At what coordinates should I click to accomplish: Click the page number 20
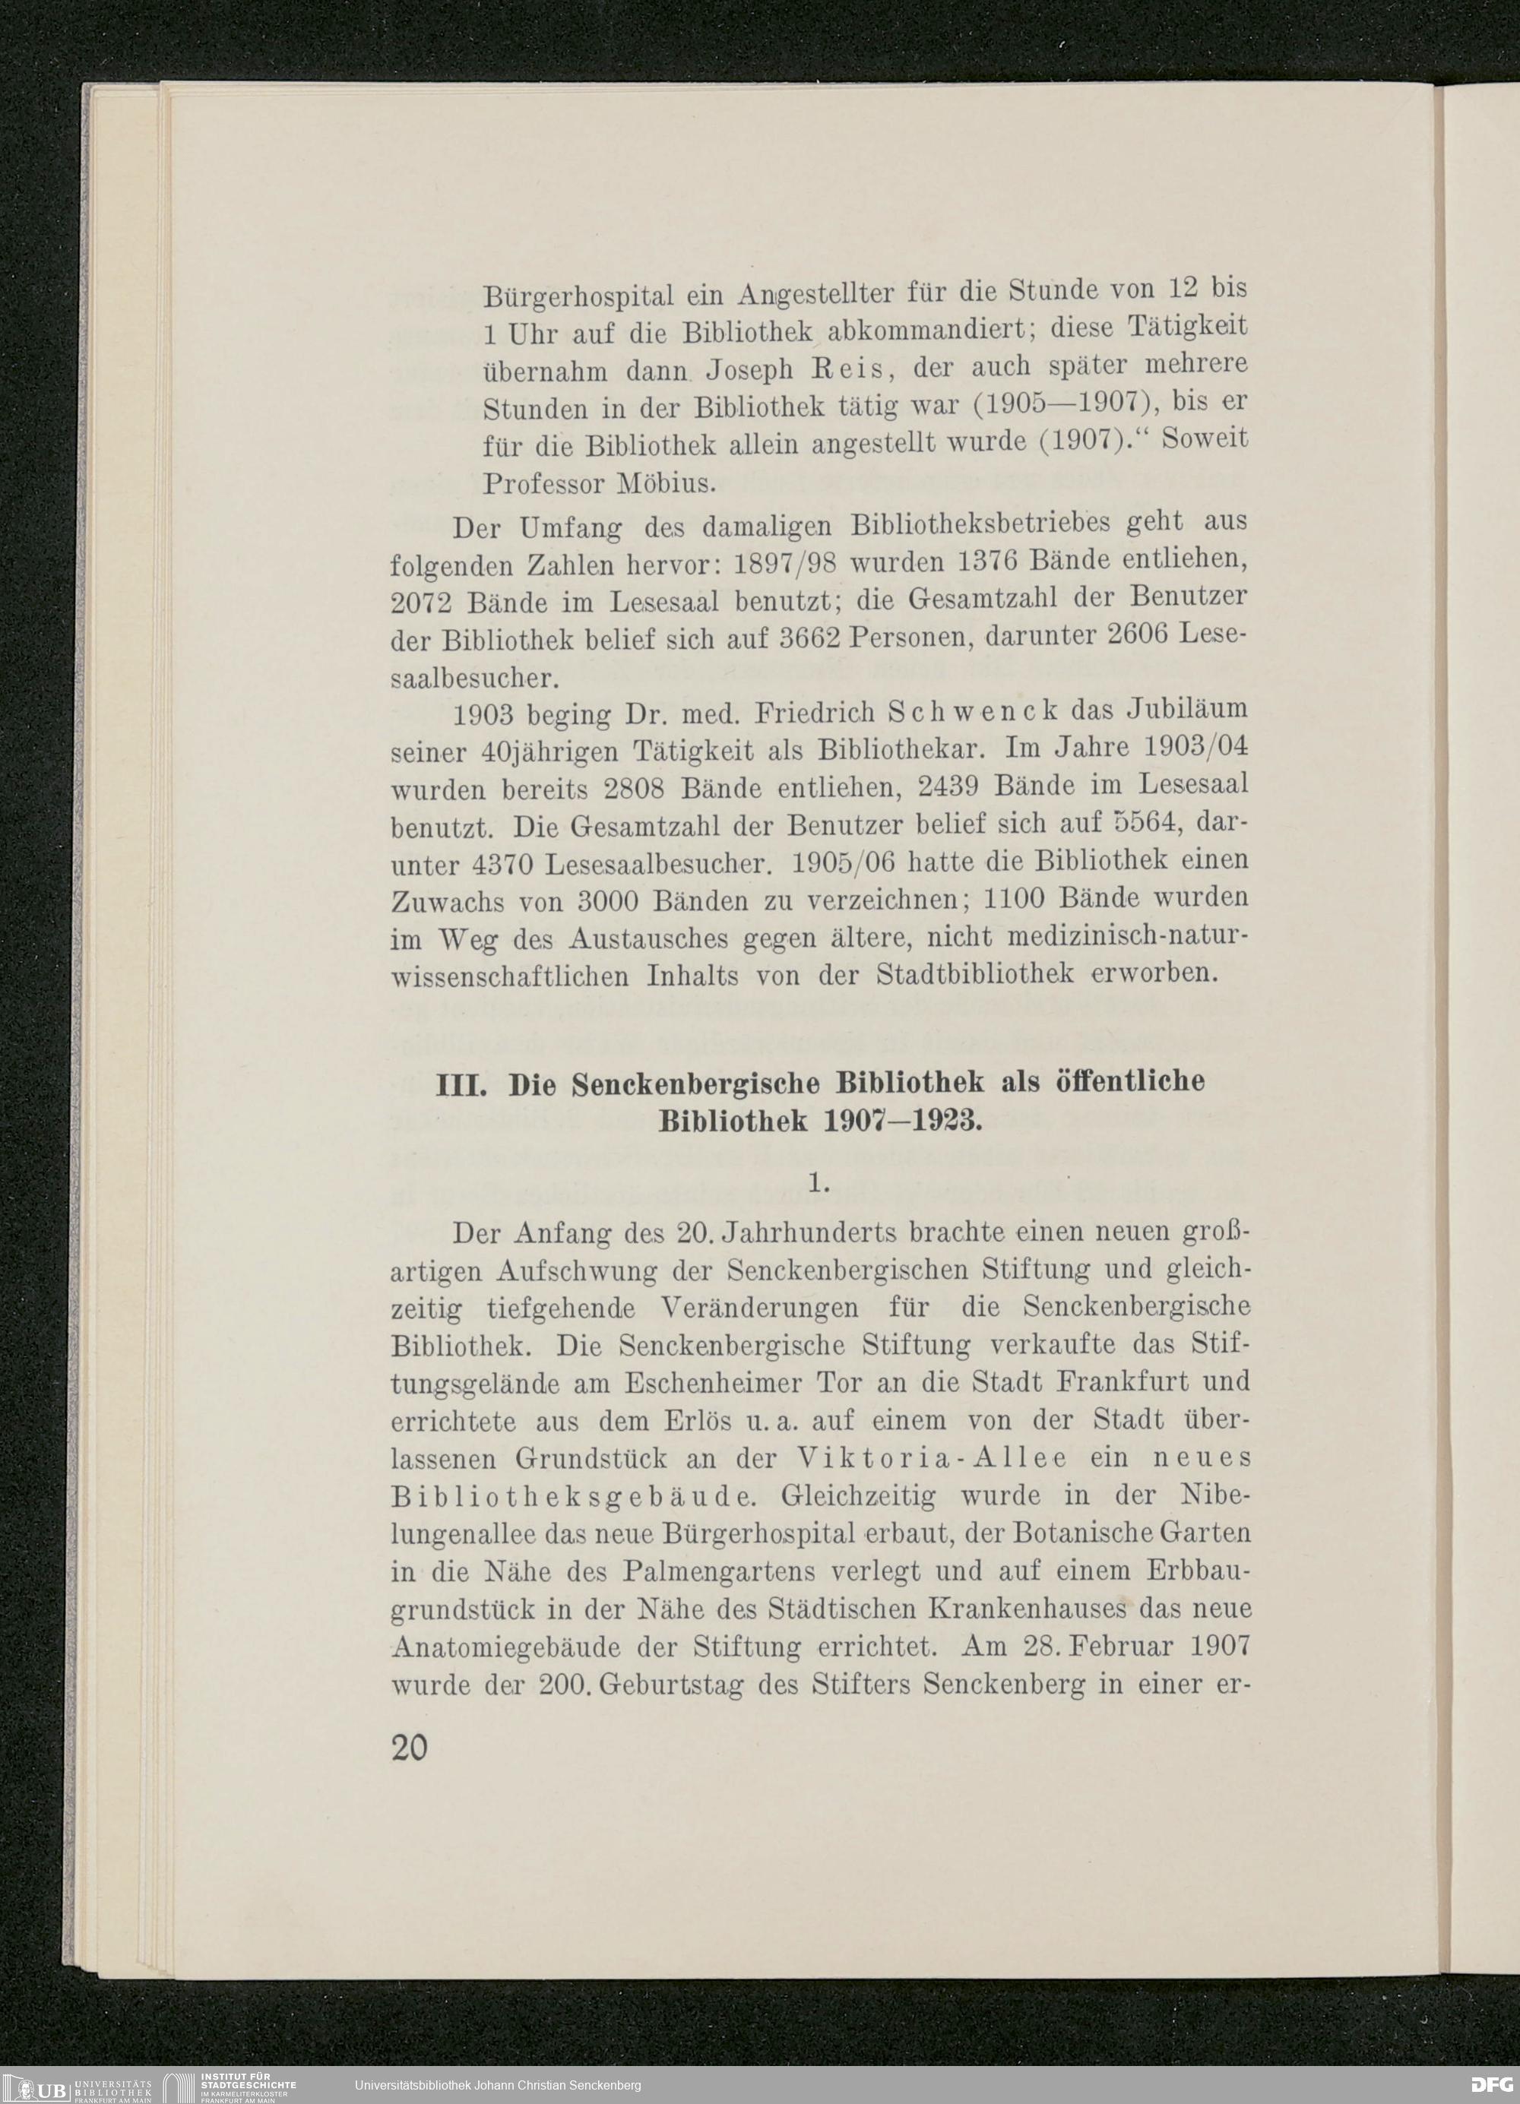click(x=409, y=1748)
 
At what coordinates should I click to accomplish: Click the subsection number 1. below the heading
click(x=819, y=1183)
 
